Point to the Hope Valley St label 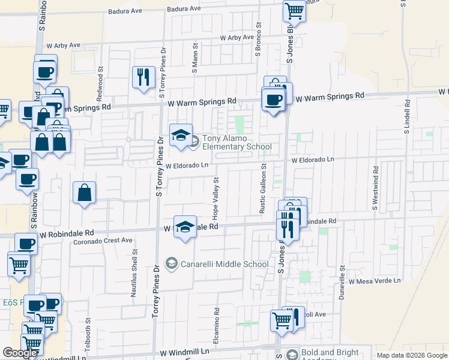tap(214, 197)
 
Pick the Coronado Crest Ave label tap(103, 240)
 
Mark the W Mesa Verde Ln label tap(374, 280)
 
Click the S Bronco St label tap(258, 40)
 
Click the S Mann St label tap(195, 58)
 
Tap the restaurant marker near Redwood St tap(143, 77)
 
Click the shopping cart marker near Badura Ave tap(294, 10)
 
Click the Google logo tap(21, 353)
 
